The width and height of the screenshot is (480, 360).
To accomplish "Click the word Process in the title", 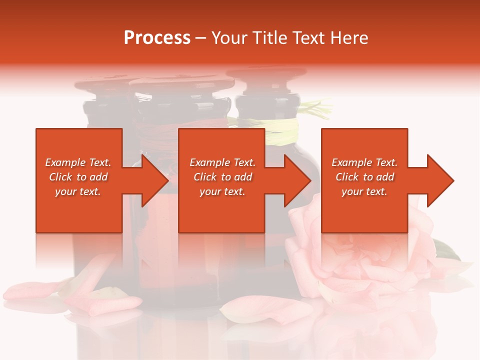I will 157,38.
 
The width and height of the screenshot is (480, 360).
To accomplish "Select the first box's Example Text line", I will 78,162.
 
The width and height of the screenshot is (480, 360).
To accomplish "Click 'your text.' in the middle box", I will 222,191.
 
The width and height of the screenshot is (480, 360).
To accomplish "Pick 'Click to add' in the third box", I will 364,177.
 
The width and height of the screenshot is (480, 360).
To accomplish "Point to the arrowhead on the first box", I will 154,180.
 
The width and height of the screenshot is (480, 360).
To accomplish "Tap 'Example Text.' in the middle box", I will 222,162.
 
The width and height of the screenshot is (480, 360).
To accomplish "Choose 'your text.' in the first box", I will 78,191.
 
